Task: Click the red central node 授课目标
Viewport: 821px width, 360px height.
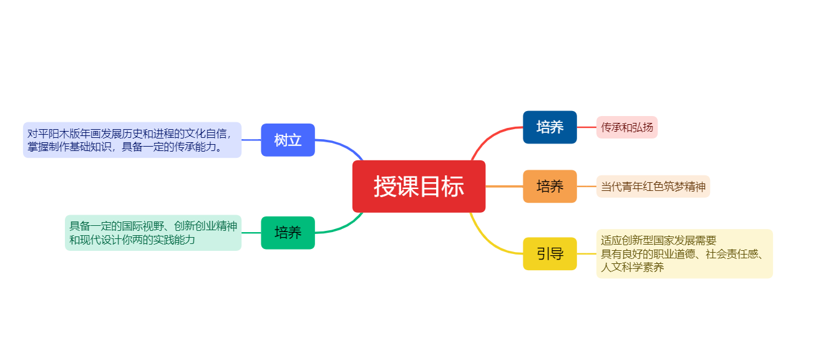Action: [419, 187]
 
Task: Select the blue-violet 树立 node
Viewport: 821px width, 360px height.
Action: [288, 140]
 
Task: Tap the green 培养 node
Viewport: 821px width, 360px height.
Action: [288, 233]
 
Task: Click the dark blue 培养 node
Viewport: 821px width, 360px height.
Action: [550, 127]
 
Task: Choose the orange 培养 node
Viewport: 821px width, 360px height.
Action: [550, 186]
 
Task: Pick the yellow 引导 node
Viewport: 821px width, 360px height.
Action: [550, 254]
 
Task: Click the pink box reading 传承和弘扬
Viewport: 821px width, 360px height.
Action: [627, 127]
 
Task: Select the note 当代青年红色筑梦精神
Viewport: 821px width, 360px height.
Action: [653, 187]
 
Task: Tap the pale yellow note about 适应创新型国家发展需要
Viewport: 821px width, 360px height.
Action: [684, 253]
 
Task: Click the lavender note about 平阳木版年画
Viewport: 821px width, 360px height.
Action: [132, 140]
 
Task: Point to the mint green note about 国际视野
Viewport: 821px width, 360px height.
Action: [153, 233]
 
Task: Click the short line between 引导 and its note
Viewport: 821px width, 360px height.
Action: [586, 254]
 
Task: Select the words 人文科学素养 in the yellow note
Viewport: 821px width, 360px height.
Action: [632, 267]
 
